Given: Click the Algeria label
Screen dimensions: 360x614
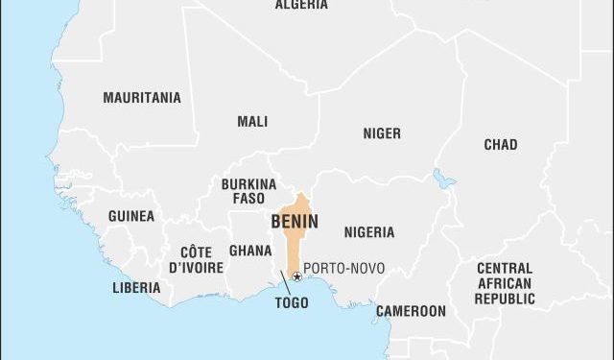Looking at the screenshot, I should click(x=301, y=5).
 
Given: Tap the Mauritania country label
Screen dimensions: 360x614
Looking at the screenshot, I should click(x=141, y=98).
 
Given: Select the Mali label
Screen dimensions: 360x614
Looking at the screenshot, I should click(x=252, y=122).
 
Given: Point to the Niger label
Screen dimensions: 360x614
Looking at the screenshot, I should click(x=381, y=133).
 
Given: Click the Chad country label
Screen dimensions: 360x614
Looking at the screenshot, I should click(x=500, y=145).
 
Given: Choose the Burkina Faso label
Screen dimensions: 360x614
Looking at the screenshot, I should click(x=248, y=191).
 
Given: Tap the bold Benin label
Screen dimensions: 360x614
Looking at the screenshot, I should click(x=295, y=222).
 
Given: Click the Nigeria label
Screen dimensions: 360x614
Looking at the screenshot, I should click(x=368, y=232).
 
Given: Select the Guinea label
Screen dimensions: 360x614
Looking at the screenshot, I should click(x=130, y=217).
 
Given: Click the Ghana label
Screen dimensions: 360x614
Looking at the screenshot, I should click(x=249, y=251).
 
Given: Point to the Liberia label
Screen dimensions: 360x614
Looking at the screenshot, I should click(x=136, y=287).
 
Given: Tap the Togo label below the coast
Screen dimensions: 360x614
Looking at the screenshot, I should click(x=291, y=302).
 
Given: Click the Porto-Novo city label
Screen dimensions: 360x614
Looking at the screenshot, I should click(x=343, y=270).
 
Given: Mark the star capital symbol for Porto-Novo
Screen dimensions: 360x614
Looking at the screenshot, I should click(x=296, y=276).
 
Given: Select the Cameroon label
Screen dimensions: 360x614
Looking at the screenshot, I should click(x=410, y=311).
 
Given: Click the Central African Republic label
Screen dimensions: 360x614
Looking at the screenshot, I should click(x=505, y=283).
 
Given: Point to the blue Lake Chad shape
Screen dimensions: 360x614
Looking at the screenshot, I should click(x=442, y=179).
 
